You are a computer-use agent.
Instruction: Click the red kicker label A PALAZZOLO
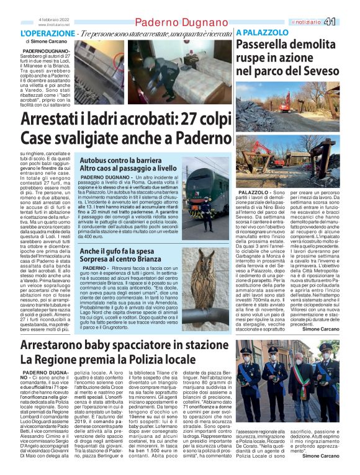coord(262,32)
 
